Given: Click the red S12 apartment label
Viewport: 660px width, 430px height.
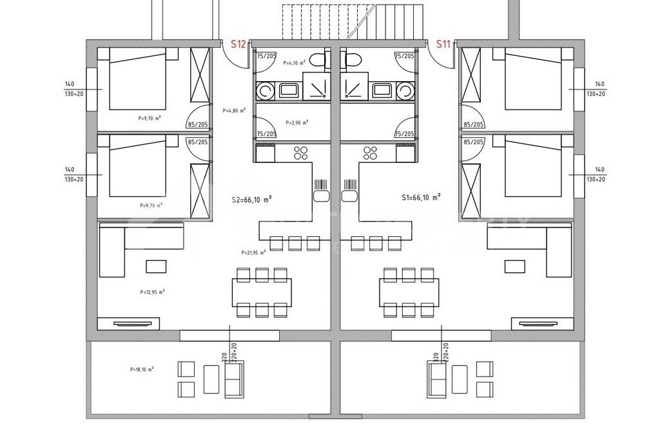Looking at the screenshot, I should (x=238, y=44).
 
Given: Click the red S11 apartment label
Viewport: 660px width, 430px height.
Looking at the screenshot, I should (x=443, y=44).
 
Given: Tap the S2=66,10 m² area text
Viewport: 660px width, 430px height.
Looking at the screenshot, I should (x=251, y=200).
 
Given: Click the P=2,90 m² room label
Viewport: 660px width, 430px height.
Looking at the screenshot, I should (x=296, y=122).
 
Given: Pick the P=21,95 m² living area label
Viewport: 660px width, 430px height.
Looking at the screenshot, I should (x=253, y=253).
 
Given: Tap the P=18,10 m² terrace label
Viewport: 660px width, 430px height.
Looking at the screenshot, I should (x=142, y=370).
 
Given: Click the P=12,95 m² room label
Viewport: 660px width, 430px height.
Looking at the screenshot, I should (x=152, y=292).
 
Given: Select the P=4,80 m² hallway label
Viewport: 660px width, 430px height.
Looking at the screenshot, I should (x=234, y=110).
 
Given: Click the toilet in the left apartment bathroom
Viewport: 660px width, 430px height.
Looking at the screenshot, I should (x=319, y=61).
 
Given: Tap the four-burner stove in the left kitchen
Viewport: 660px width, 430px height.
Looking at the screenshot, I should (x=300, y=153).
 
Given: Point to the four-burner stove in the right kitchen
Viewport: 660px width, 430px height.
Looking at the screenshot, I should (x=371, y=153).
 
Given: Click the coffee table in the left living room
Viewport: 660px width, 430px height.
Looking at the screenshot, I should (x=155, y=266).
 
